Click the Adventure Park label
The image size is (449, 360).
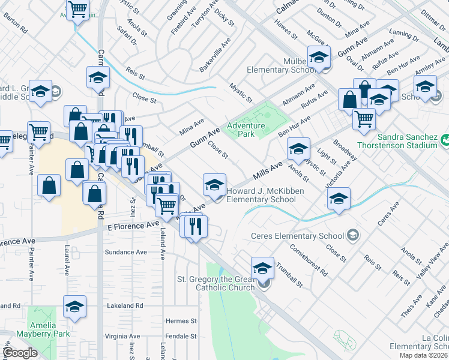(246, 130)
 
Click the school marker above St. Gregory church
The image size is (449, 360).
(262, 268)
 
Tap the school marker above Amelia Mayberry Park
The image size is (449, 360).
(75, 307)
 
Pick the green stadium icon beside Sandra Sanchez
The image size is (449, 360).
(446, 140)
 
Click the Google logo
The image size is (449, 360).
(20, 353)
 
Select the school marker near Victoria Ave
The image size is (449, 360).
(339, 199)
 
